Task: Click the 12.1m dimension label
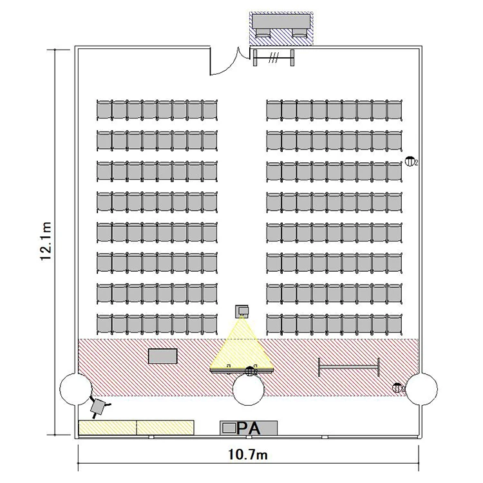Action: (46, 241)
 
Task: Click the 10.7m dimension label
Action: (248, 455)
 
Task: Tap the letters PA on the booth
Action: (249, 428)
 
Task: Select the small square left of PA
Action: (229, 428)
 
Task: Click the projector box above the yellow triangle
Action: (241, 311)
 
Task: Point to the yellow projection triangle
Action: (241, 348)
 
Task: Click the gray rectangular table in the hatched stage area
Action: (163, 355)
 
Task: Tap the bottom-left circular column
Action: (75, 389)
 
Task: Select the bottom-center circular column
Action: (249, 390)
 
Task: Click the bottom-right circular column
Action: (421, 388)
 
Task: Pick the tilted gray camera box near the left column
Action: (98, 406)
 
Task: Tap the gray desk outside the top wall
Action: (281, 21)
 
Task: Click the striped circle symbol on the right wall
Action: (410, 161)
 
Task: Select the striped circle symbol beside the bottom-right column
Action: (397, 388)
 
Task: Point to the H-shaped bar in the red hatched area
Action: (348, 367)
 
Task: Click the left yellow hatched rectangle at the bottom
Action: (108, 428)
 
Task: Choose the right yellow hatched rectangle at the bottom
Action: (165, 428)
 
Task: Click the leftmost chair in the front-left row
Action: (104, 325)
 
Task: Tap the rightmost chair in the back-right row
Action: (395, 110)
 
